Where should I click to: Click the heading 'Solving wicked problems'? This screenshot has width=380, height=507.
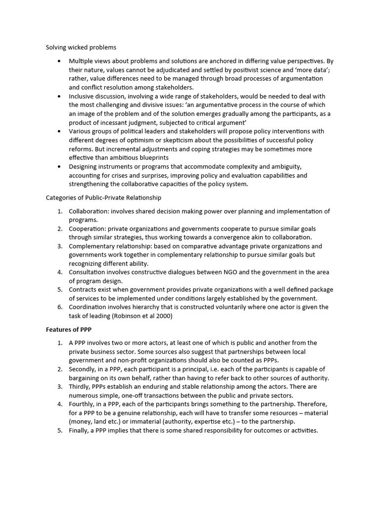[x=81, y=48]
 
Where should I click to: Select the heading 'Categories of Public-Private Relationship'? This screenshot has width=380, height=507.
[x=104, y=198]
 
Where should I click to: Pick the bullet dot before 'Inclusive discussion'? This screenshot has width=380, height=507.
[x=59, y=97]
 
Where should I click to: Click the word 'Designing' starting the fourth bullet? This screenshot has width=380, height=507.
[x=85, y=167]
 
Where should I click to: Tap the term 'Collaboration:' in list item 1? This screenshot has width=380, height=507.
[x=89, y=211]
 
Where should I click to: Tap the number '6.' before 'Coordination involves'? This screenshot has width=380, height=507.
[x=59, y=307]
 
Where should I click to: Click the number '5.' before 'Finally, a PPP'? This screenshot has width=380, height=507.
[x=59, y=430]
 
